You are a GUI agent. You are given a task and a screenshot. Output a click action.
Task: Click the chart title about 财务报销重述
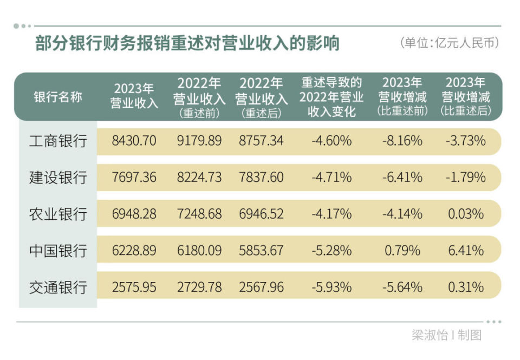(x=187, y=43)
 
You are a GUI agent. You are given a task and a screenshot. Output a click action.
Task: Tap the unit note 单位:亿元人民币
(x=449, y=43)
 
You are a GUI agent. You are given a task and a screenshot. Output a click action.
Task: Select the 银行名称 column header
(x=58, y=97)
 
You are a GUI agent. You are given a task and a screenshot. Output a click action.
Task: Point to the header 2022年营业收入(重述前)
(x=199, y=97)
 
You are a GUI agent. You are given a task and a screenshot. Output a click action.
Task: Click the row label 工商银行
(x=58, y=141)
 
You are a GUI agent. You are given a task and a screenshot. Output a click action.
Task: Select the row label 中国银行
(x=58, y=251)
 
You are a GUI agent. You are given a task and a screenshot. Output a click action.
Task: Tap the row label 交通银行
(x=58, y=287)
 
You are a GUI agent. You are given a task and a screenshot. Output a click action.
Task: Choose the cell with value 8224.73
(x=199, y=178)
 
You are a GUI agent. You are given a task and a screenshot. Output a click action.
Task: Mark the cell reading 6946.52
(x=261, y=214)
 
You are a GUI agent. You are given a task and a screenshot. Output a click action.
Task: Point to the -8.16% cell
(x=402, y=141)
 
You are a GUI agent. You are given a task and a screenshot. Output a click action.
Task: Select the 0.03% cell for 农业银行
(x=466, y=214)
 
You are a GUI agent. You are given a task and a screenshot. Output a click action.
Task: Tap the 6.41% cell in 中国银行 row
(x=466, y=251)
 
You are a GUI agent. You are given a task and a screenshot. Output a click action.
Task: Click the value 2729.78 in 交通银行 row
(x=199, y=287)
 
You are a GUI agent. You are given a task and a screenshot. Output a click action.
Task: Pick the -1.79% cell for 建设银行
(x=466, y=178)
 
